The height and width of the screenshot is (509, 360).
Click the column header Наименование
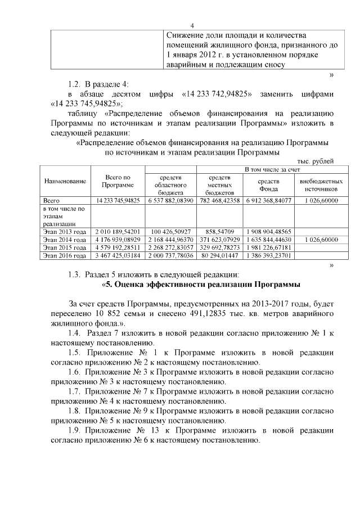65,181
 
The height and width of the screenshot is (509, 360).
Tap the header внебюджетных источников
321,186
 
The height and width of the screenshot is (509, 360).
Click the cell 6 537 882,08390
170,200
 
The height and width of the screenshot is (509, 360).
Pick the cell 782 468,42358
219,200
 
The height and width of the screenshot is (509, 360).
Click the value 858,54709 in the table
219,231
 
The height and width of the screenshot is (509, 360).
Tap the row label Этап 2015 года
65,247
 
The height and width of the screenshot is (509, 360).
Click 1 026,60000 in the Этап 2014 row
321,240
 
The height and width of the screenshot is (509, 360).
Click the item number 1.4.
75,334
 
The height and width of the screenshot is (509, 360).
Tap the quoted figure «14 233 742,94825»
217,93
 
